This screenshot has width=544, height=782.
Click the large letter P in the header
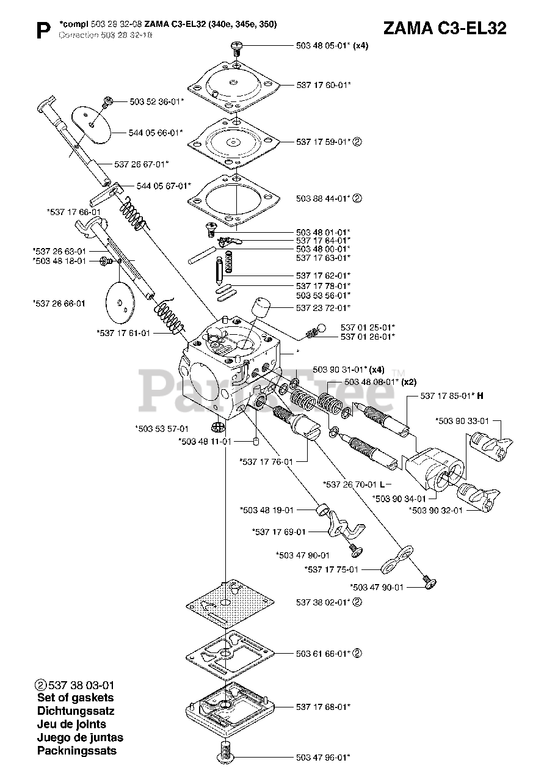tap(43, 31)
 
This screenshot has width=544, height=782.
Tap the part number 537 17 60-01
tap(323, 85)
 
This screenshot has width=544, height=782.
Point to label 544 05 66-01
tap(156, 132)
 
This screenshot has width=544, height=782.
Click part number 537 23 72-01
tap(323, 307)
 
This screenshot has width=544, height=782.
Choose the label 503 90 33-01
tap(462, 421)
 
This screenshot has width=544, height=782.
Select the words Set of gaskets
tap(75, 697)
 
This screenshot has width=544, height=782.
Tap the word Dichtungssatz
tap(76, 711)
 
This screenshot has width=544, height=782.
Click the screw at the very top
tap(236, 47)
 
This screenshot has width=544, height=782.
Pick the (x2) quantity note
tap(408, 382)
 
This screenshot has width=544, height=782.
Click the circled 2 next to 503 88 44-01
tap(358, 198)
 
